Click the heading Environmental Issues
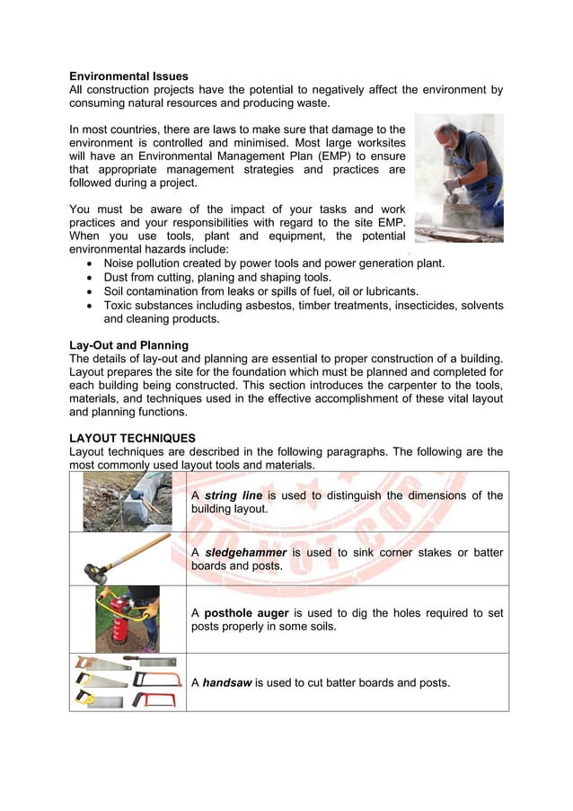(128, 76)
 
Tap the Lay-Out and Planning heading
(128, 345)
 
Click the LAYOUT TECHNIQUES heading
(132, 438)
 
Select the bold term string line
(234, 495)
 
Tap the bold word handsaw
(226, 682)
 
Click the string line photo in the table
(127, 502)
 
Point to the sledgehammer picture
(127, 559)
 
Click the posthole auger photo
(127, 619)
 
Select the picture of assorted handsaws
(127, 682)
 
